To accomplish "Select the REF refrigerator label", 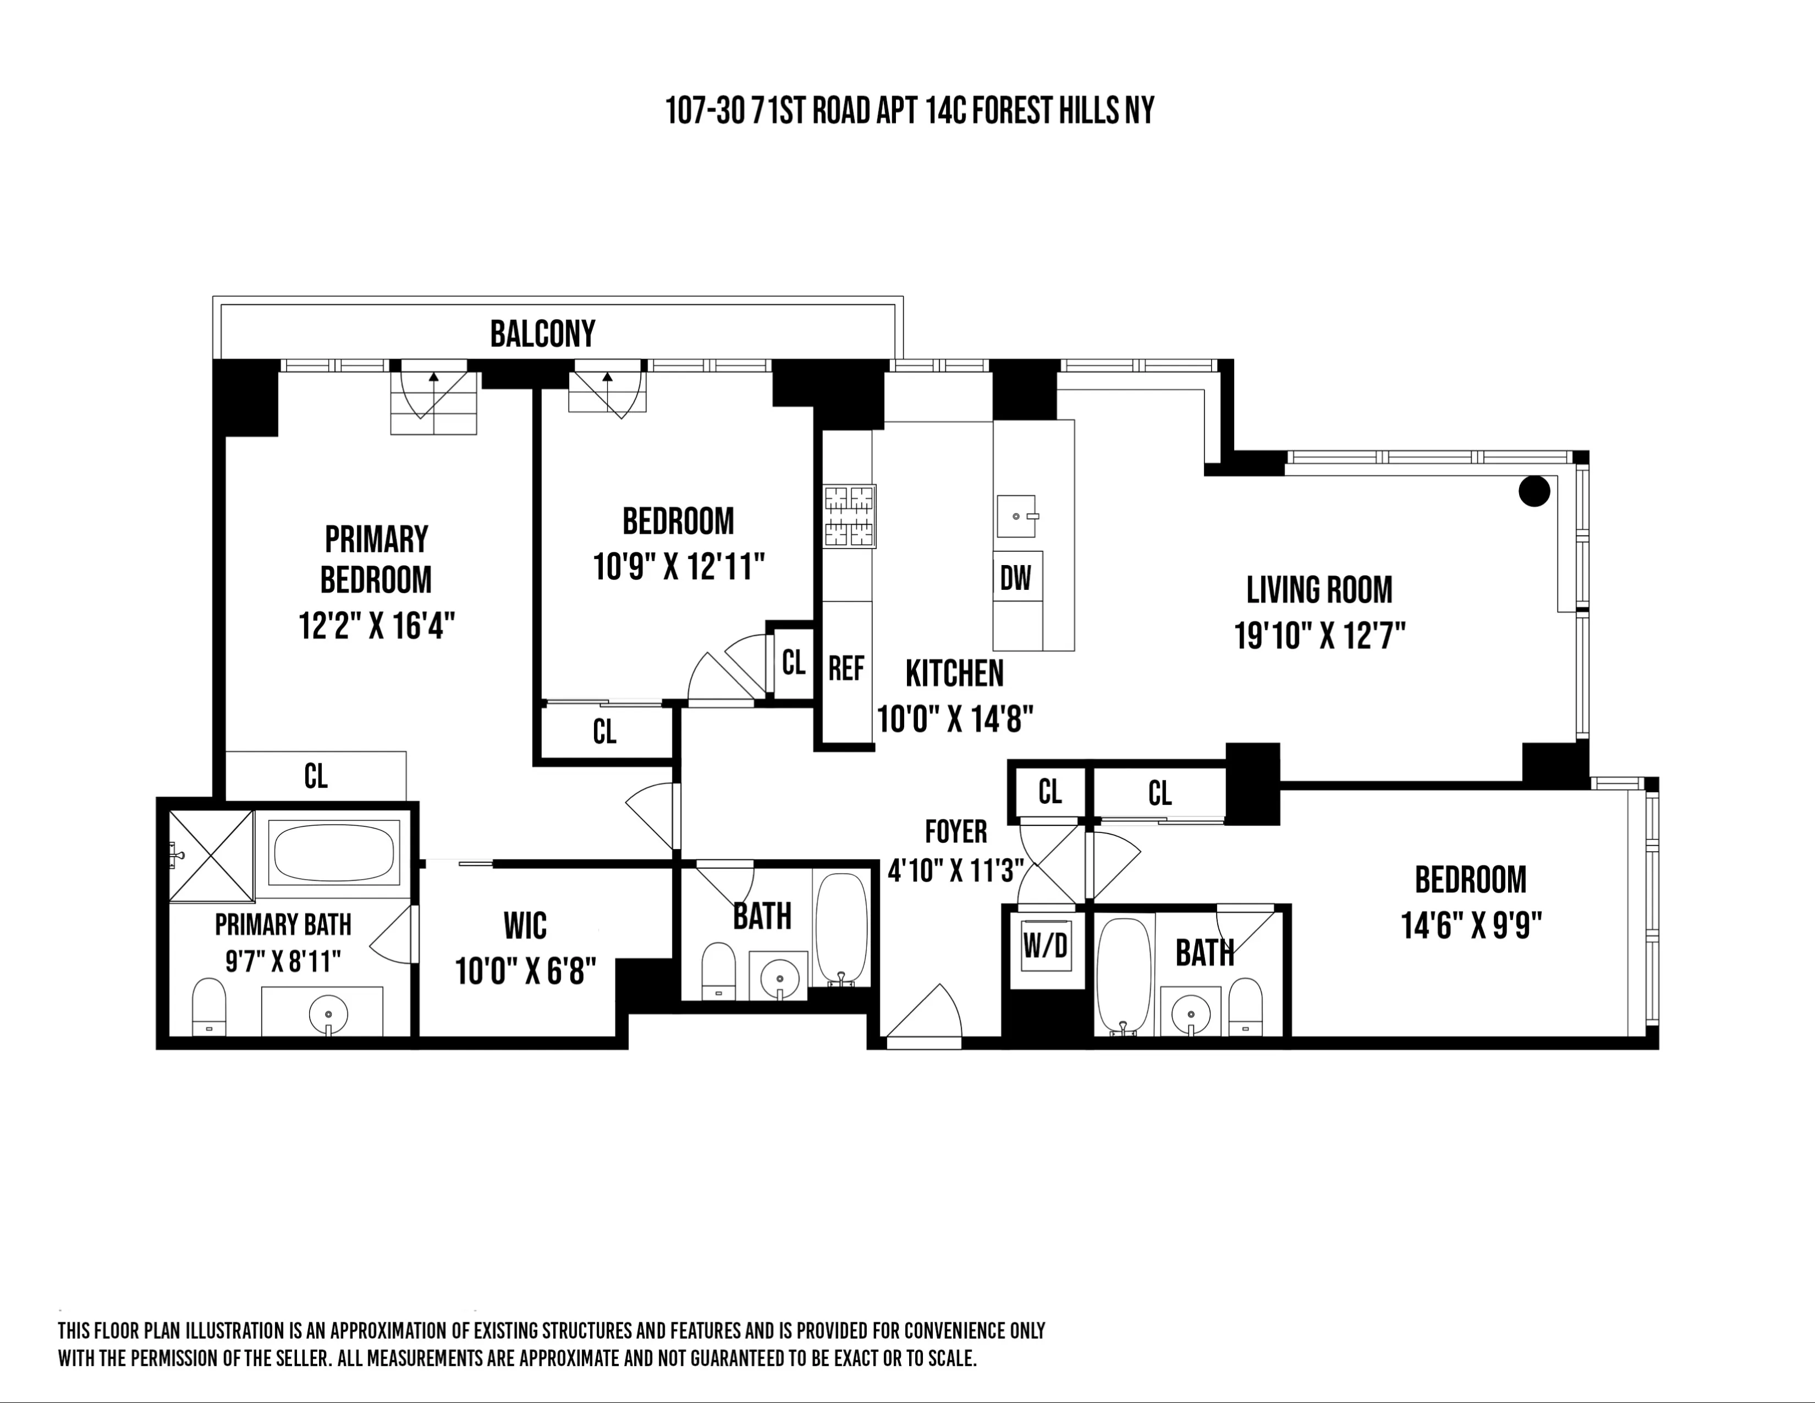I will pyautogui.click(x=846, y=668).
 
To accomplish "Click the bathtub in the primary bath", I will pyautogui.click(x=333, y=852).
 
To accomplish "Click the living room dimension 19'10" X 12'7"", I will pyautogui.click(x=1319, y=636).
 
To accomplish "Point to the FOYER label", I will pyautogui.click(x=956, y=831).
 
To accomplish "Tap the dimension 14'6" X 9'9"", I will pyautogui.click(x=1471, y=925).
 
